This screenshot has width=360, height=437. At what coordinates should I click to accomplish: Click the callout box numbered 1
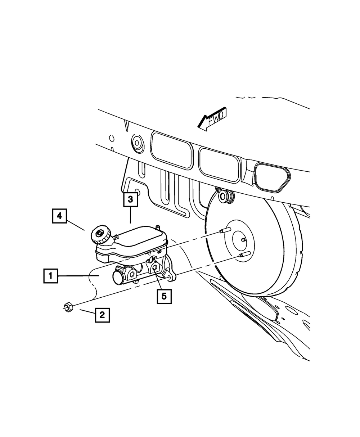click(x=51, y=276)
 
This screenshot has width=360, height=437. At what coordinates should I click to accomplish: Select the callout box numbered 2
click(x=102, y=315)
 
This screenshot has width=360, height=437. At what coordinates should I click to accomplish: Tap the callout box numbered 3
click(x=130, y=199)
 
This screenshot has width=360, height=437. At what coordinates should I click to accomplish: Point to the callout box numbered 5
click(x=164, y=296)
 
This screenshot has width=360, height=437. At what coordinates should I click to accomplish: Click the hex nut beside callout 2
click(x=68, y=307)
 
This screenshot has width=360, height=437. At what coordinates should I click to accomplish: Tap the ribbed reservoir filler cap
click(x=100, y=235)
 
